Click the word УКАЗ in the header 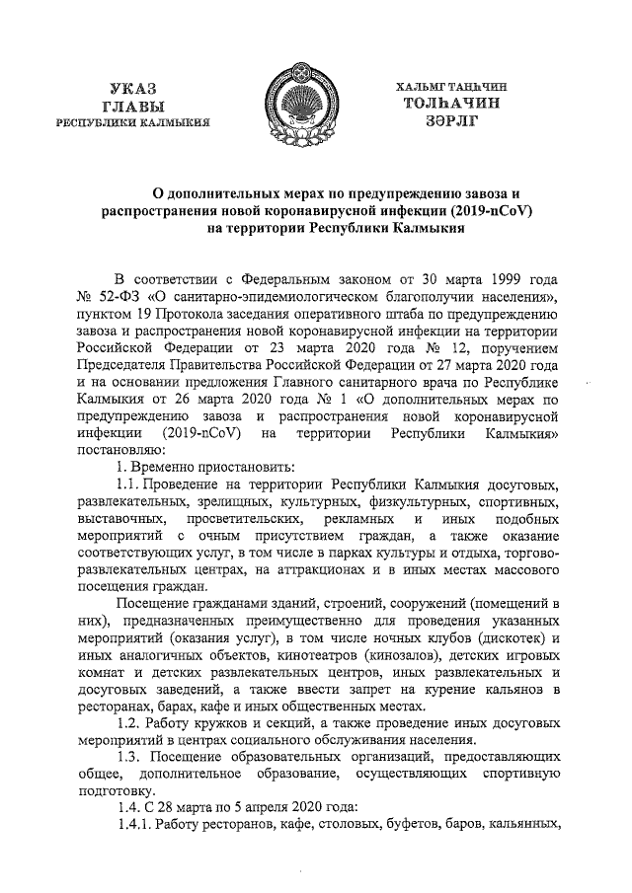(133, 90)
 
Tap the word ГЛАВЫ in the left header (133, 107)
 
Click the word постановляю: (123, 449)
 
